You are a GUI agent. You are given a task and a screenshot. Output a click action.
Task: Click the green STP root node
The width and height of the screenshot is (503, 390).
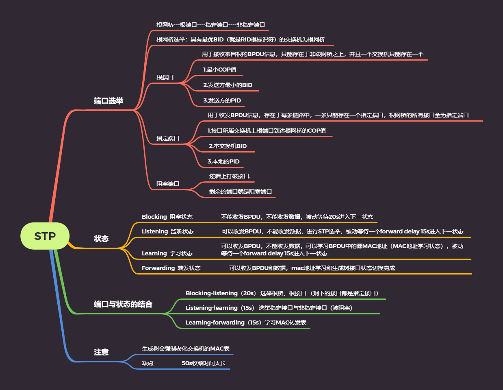coord(45,236)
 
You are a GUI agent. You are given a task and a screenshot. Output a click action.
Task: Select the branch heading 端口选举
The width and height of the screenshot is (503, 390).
coord(108,101)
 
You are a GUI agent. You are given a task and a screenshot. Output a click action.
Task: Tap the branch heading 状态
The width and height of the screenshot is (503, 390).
coord(101,239)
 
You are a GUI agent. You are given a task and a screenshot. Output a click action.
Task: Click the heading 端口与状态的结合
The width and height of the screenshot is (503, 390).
coord(123,304)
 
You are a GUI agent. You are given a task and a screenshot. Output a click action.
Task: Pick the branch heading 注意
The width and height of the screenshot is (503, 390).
coord(101,352)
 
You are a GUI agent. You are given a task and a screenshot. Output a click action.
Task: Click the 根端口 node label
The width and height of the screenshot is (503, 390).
coord(165,77)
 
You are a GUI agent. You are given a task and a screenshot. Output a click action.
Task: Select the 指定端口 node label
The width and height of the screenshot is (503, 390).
coord(168,138)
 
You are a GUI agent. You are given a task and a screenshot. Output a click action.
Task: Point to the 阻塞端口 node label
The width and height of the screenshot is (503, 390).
coord(168,184)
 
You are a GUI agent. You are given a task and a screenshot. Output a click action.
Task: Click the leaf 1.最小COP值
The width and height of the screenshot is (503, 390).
coord(220,70)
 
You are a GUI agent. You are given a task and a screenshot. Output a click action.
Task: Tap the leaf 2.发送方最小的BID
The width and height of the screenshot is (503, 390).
coord(228,85)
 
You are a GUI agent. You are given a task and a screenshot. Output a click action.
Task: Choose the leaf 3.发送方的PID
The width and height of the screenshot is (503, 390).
coord(222,100)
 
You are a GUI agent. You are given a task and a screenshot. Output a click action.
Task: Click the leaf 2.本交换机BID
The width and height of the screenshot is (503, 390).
coord(228,146)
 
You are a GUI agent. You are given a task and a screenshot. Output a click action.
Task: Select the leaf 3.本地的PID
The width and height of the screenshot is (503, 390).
coord(223,161)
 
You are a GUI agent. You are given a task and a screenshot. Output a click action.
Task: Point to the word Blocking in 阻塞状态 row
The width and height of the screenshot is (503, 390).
coord(154,217)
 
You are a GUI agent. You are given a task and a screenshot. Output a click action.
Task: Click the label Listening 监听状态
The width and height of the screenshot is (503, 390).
coord(167,231)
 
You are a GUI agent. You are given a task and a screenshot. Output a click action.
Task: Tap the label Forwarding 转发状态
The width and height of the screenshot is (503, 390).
coord(171,268)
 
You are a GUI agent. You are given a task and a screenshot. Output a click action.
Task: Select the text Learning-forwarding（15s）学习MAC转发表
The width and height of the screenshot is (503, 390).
coord(246,322)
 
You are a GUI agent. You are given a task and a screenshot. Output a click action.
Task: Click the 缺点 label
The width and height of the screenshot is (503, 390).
coord(147,363)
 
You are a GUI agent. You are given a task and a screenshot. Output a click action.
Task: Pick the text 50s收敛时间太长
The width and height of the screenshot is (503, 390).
coord(204,363)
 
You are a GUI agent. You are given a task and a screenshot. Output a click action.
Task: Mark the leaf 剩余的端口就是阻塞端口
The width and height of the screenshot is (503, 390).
coord(241,192)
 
